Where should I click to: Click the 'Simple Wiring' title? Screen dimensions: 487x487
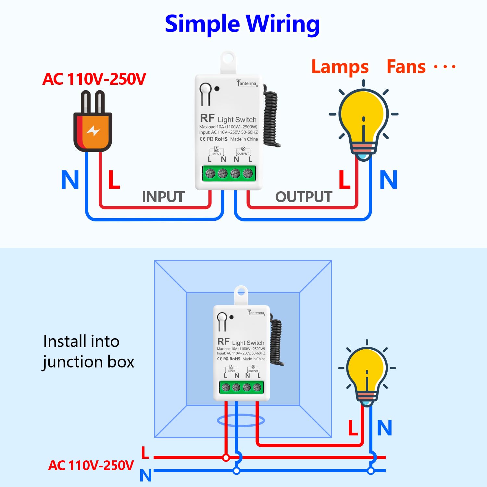(x=242, y=24)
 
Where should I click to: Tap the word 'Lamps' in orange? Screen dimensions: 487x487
(x=340, y=67)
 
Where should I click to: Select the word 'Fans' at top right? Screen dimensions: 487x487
(x=406, y=67)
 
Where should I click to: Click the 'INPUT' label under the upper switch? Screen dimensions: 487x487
(x=163, y=197)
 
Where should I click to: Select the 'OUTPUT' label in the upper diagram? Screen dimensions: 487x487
(x=304, y=197)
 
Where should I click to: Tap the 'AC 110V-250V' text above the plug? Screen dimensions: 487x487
(x=94, y=79)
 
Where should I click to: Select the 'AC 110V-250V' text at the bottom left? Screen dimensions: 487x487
(x=91, y=465)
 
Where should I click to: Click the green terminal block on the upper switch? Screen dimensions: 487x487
(x=229, y=173)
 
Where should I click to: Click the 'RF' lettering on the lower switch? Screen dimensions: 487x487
(x=223, y=342)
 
